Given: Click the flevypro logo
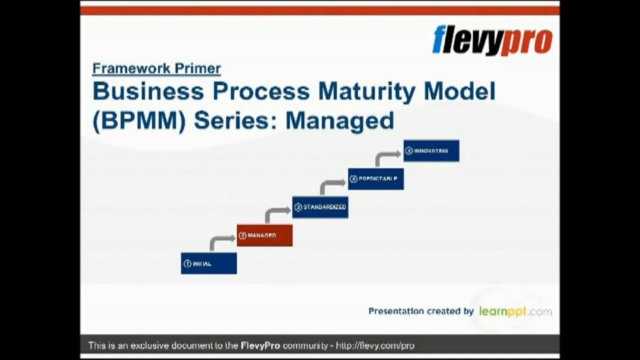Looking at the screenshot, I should (492, 40).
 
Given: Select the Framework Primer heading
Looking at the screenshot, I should (156, 68).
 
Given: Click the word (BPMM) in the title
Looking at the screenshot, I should (138, 121).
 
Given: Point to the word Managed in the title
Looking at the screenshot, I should (339, 121).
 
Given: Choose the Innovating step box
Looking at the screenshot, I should (431, 150).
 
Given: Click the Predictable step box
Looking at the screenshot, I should (375, 179).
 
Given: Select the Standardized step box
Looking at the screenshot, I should (320, 207).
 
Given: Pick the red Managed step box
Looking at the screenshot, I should (264, 235).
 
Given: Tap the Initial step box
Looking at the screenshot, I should (209, 263).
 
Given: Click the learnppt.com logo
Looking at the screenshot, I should (515, 311).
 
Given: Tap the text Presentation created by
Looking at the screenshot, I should (421, 311).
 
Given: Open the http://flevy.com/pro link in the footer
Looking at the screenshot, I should (375, 345).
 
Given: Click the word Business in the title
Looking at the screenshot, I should (148, 91).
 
